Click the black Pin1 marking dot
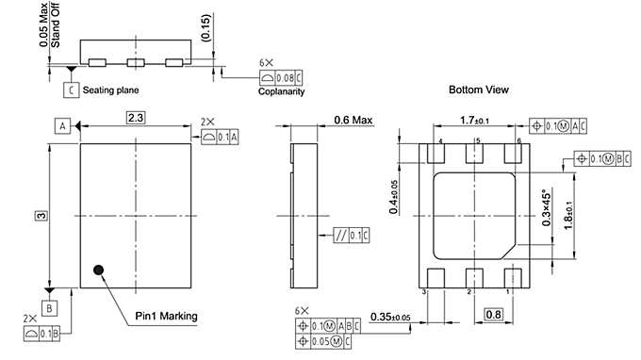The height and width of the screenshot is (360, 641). click(99, 270)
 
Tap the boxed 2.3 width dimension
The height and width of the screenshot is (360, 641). click(136, 118)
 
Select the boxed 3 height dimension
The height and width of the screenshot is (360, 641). click(41, 216)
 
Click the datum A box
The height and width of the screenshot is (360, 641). click(62, 126)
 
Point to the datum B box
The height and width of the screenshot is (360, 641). click(49, 308)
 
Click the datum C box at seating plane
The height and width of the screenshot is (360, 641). click(71, 90)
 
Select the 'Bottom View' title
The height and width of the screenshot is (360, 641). click(479, 90)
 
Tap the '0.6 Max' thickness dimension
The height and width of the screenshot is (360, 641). click(353, 120)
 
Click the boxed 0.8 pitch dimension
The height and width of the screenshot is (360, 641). click(494, 314)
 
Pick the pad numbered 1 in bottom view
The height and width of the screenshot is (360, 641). click(513, 278)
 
